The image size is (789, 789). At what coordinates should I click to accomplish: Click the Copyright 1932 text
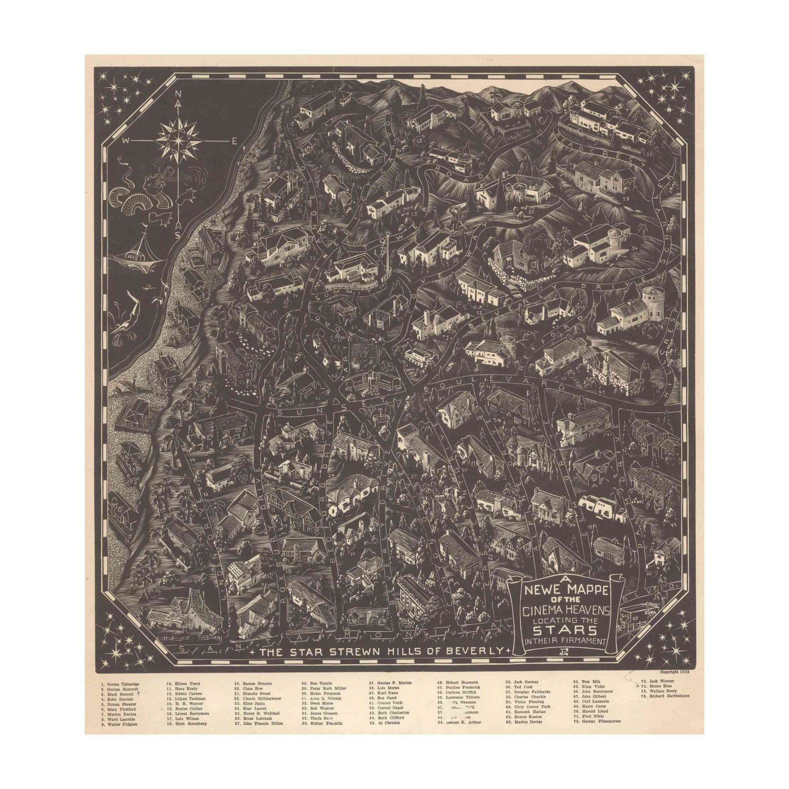[x=678, y=683]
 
